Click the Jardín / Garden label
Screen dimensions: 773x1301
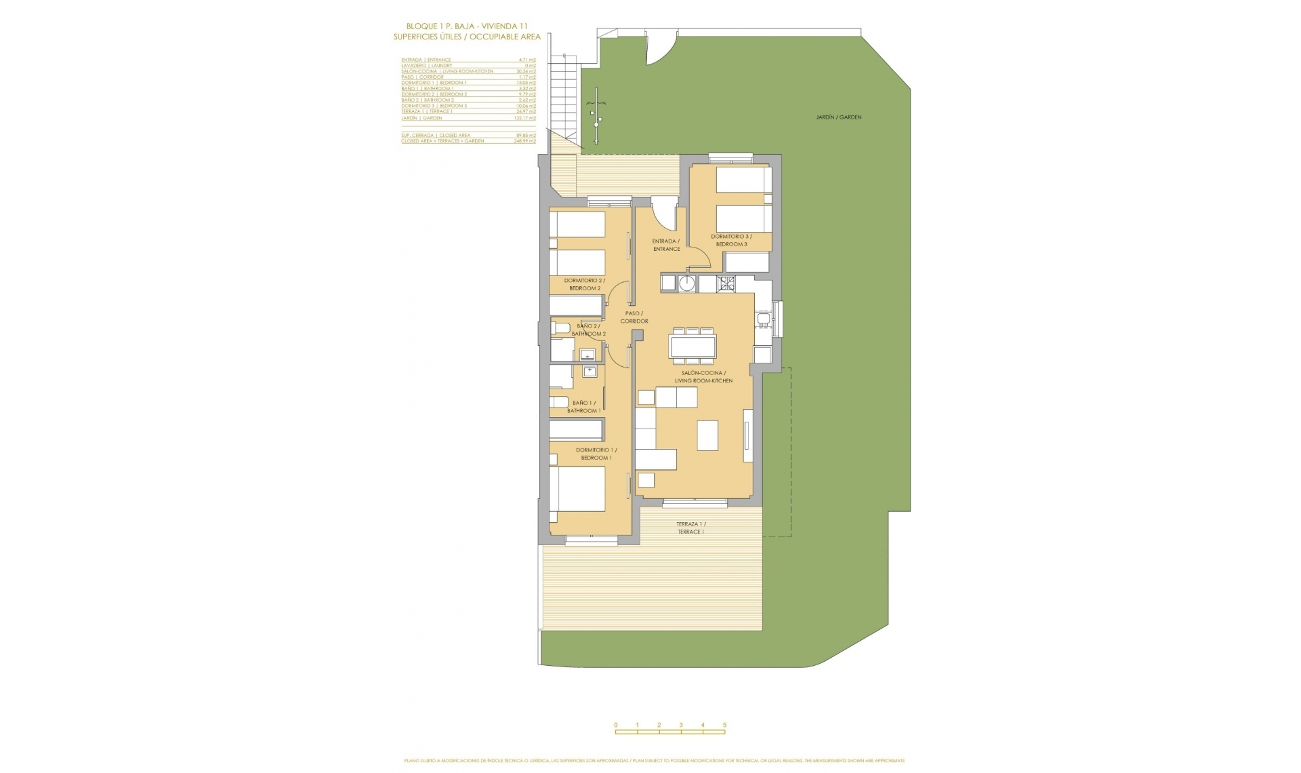coord(838,117)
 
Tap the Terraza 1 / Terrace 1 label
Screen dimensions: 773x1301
coord(690,528)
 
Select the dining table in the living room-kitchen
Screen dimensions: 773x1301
coord(692,346)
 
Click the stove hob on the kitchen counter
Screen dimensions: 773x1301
coord(726,283)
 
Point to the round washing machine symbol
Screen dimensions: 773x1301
coord(687,283)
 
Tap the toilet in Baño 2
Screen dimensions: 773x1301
coord(560,328)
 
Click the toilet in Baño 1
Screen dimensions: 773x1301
coord(558,402)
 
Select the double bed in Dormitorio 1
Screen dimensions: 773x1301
coord(577,490)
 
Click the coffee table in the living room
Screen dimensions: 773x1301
coord(707,435)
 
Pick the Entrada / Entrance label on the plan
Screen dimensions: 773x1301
coord(666,245)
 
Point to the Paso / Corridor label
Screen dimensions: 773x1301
coord(634,317)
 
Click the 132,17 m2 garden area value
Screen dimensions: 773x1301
coord(524,118)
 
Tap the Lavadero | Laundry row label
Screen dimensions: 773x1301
coord(426,66)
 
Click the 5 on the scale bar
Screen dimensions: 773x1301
coord(724,725)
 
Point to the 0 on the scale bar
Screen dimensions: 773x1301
coord(616,725)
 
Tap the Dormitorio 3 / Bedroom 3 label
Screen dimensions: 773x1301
coord(731,240)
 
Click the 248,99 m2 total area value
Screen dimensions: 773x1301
coord(524,141)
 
